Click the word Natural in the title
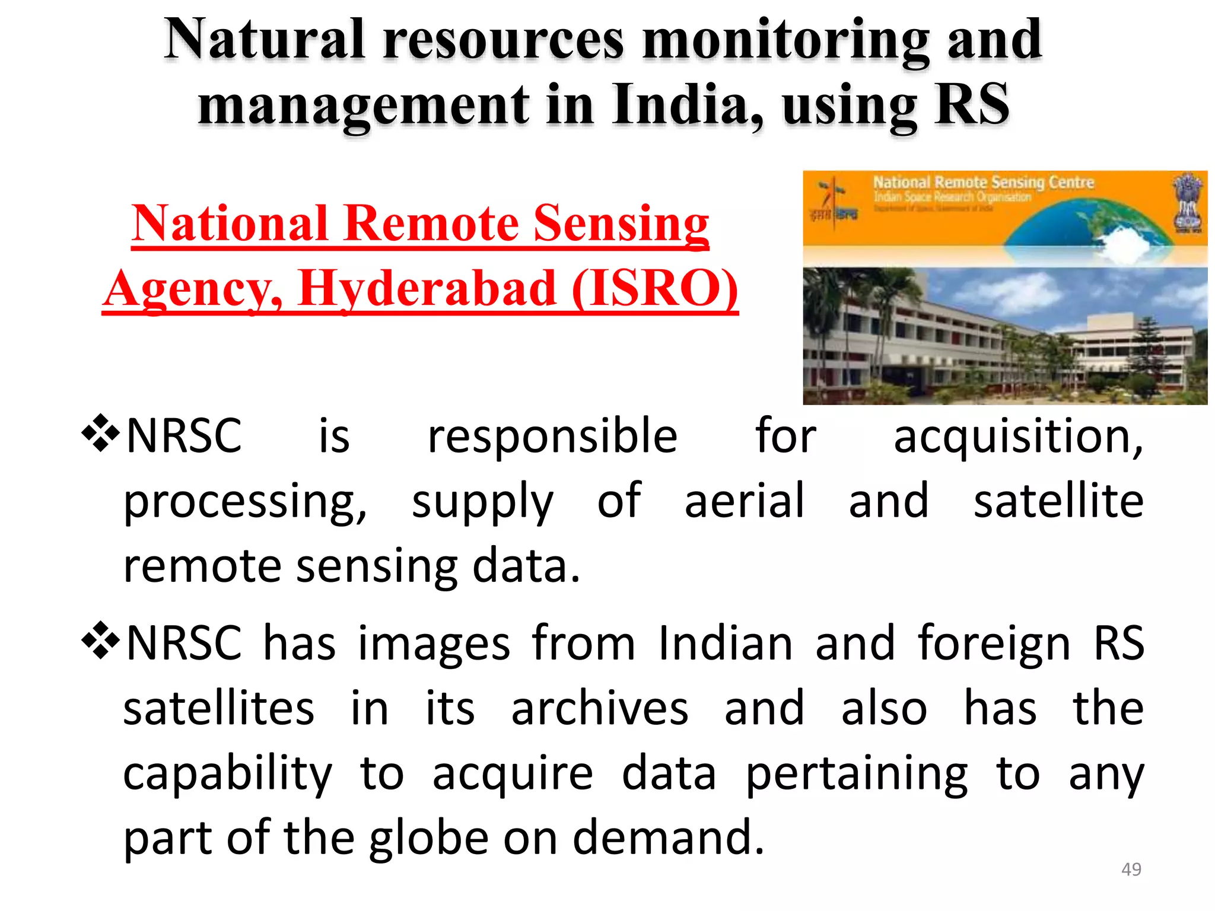point(264,40)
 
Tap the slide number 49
point(1131,869)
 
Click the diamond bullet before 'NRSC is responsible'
point(100,434)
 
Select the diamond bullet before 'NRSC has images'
point(100,641)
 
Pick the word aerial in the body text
point(745,501)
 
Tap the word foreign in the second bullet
point(994,644)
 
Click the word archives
point(600,708)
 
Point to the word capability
point(228,774)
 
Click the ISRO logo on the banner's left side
point(834,202)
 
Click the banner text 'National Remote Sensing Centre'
point(983,182)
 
